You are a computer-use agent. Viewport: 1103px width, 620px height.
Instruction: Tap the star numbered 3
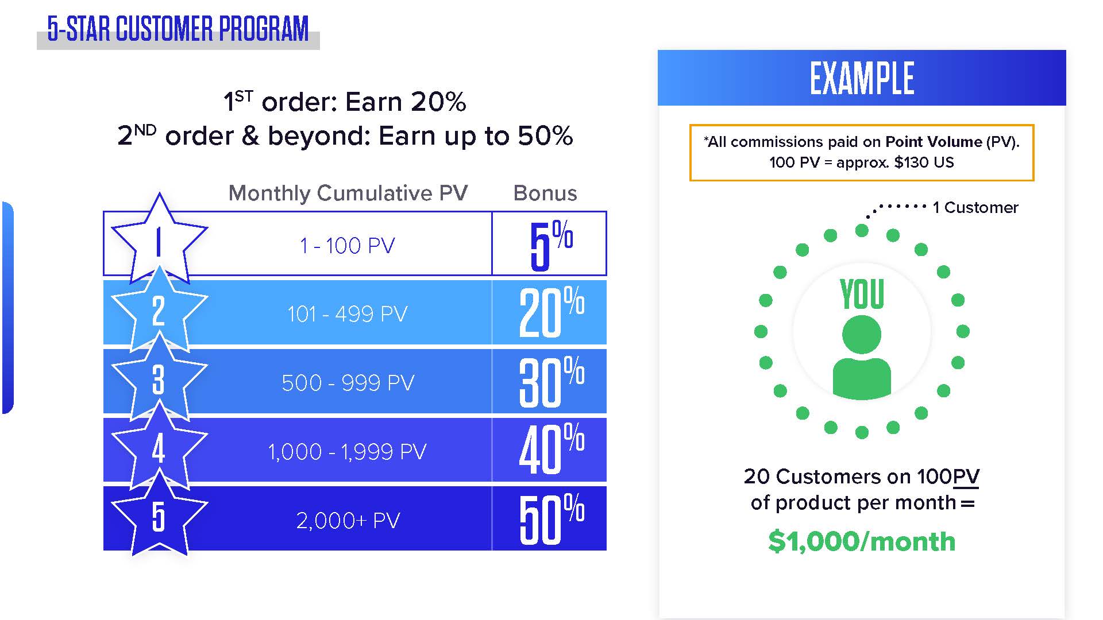[159, 378]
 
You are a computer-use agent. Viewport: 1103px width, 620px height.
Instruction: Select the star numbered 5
[159, 515]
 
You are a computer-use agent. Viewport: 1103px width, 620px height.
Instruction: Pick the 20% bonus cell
[550, 312]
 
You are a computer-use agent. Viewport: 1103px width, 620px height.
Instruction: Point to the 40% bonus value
[551, 448]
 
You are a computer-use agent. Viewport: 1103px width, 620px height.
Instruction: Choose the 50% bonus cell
[550, 518]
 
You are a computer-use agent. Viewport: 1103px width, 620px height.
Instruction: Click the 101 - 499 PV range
[348, 314]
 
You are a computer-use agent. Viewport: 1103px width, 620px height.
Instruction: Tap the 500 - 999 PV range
[348, 383]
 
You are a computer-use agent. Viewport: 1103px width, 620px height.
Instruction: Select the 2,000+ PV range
[348, 521]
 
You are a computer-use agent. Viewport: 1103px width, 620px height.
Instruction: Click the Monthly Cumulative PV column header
[348, 193]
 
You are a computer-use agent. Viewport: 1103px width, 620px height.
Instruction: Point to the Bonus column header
[545, 193]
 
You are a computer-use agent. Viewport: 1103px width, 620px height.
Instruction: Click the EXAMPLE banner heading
[862, 78]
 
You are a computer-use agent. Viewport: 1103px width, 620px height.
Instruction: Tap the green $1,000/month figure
[862, 541]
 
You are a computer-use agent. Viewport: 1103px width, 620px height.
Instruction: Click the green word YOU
[862, 294]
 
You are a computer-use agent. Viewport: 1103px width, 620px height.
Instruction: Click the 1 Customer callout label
[975, 207]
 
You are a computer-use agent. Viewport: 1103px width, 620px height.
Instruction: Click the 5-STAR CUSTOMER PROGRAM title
[178, 29]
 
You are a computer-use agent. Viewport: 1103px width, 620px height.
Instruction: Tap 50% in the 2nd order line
[545, 136]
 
